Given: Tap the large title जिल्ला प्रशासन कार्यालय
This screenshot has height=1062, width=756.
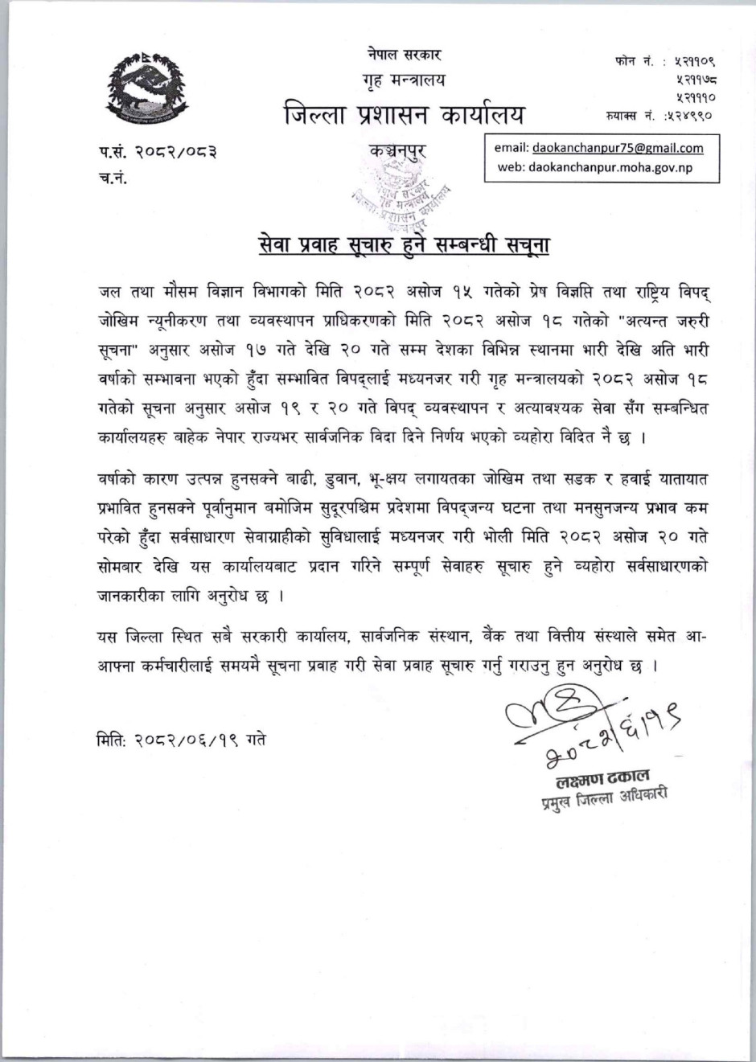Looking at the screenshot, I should [x=404, y=116].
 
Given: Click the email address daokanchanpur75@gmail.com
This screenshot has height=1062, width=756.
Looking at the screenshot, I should [x=617, y=148].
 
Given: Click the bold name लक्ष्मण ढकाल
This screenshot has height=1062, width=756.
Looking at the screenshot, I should [x=602, y=777].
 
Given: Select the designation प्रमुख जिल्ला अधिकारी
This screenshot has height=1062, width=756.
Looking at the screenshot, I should [x=605, y=799].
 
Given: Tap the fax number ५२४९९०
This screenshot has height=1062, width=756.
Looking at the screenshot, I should [x=691, y=116].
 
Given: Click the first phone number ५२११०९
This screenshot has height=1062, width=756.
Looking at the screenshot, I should [x=696, y=61].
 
